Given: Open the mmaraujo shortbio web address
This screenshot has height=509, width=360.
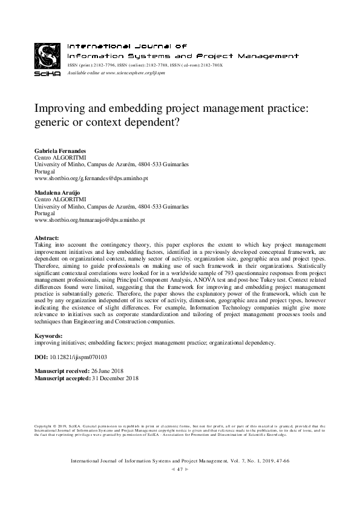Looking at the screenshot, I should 89,221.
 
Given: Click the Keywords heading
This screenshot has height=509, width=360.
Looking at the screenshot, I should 49,335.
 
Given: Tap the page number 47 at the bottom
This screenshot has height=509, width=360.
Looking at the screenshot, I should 180,469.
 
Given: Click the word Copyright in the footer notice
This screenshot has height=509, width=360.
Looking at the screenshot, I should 45,426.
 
